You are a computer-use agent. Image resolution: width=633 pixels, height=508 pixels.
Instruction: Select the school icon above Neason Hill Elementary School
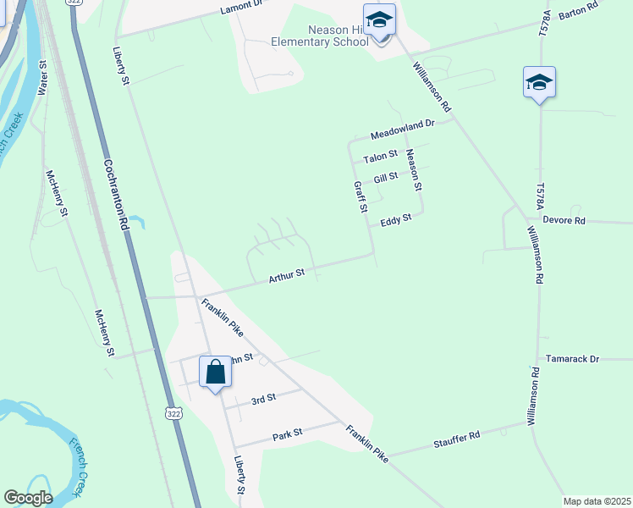click(379, 20)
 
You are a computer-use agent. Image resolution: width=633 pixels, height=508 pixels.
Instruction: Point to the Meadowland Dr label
click(402, 129)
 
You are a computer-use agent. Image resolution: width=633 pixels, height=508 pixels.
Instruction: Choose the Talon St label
click(380, 157)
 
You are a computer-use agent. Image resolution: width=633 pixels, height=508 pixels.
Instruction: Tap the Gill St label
click(385, 179)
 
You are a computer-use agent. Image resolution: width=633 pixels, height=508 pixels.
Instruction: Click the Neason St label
click(413, 168)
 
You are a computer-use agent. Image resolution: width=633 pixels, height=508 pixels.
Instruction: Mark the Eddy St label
click(395, 219)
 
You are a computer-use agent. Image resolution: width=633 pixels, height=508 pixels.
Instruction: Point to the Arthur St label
click(286, 277)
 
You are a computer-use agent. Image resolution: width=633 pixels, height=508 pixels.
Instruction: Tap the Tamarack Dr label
click(572, 359)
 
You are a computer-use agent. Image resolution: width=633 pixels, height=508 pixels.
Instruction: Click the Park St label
click(287, 436)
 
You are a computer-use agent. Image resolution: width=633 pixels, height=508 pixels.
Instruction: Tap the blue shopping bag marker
click(215, 372)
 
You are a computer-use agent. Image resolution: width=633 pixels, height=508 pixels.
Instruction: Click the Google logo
click(28, 498)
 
